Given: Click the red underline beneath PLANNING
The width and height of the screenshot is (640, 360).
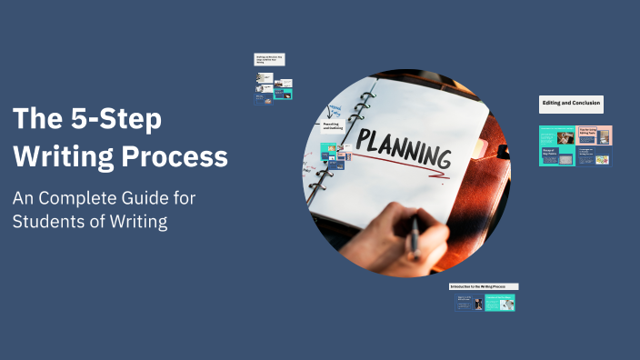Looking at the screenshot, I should [x=400, y=165].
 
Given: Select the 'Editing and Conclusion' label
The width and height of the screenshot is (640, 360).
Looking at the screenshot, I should [x=571, y=104].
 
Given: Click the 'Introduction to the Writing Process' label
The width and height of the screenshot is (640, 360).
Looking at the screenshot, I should [x=484, y=286].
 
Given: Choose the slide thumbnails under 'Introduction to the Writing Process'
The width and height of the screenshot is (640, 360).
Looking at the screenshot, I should [x=485, y=303].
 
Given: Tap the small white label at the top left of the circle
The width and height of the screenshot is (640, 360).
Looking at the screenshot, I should [x=269, y=59].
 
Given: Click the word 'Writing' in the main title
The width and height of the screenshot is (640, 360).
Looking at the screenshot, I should [x=69, y=157].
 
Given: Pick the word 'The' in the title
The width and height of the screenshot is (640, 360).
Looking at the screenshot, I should [x=32, y=119].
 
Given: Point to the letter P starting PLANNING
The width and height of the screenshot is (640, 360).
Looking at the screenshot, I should [x=363, y=138].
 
